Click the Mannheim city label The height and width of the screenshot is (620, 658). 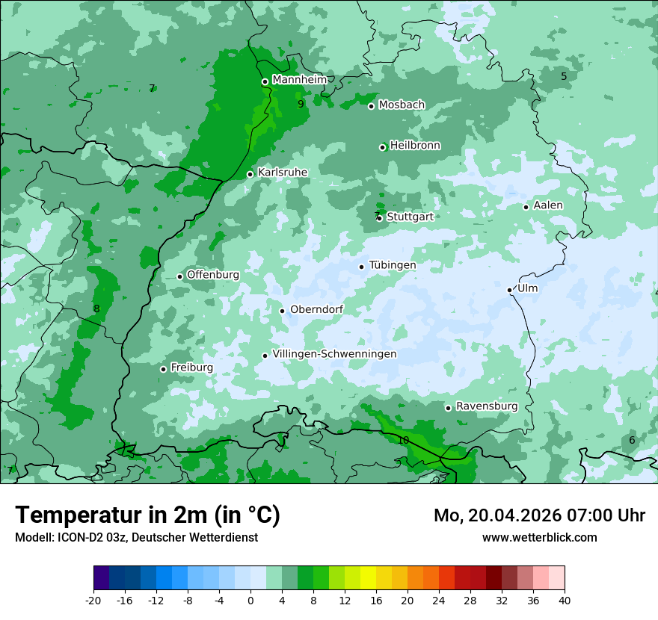coord(299,80)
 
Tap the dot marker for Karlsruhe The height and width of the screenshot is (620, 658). coord(250,174)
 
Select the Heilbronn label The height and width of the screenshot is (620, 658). coord(415,146)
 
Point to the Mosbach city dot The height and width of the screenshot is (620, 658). coord(371,106)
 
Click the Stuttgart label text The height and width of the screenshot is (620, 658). coord(410,217)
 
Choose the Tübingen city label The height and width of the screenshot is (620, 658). coord(393,265)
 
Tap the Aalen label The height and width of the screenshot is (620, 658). coord(548,205)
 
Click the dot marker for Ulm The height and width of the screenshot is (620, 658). coord(510,290)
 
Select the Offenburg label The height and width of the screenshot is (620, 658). coord(213,275)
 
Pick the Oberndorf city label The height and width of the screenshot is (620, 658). coord(316,309)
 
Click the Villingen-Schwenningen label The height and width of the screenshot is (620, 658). coord(334,354)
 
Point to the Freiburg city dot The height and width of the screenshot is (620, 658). coord(163,369)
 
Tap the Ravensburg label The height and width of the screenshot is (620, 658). coord(487,406)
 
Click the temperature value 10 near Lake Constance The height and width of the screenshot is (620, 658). coord(403,441)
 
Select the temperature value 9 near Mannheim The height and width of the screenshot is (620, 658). coord(301,105)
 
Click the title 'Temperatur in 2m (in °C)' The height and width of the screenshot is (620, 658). coord(147,515)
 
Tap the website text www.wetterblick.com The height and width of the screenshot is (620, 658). coord(539,538)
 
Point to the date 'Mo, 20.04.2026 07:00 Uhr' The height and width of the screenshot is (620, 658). coord(539,515)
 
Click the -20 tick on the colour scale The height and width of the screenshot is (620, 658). coord(93,600)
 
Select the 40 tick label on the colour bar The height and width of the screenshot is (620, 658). coord(565,600)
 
